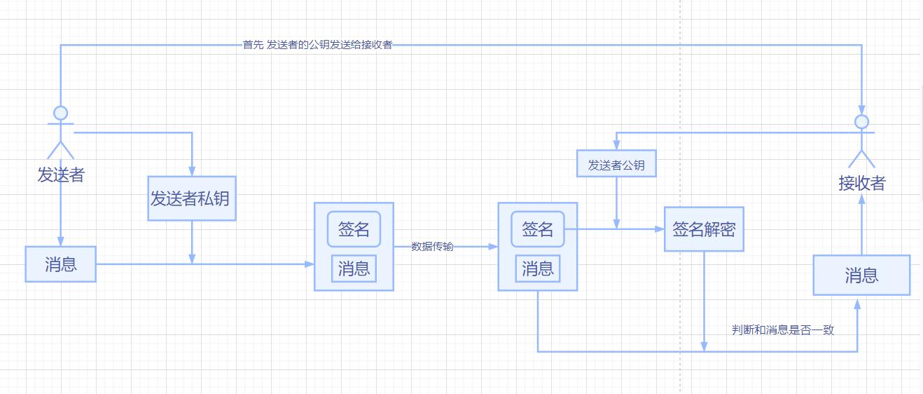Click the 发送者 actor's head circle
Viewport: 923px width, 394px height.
point(61,113)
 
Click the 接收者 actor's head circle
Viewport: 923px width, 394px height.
point(862,121)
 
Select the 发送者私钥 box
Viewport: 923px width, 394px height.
point(191,198)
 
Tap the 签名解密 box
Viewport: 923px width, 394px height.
point(704,229)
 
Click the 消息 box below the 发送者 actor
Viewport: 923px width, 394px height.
point(60,264)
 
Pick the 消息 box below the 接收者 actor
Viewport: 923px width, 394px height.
point(861,276)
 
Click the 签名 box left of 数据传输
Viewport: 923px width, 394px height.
point(354,229)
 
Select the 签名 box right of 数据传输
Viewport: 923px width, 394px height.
point(538,229)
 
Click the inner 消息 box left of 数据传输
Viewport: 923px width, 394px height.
point(354,269)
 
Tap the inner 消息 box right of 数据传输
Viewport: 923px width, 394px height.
point(538,269)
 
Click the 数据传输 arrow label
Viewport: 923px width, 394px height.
point(432,246)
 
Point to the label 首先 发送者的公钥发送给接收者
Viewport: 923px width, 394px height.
point(317,45)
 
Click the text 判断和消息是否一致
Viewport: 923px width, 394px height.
point(783,330)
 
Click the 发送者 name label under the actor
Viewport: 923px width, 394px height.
point(61,175)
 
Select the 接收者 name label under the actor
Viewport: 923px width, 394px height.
point(862,184)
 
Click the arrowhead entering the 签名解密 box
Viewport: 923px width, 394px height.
point(660,229)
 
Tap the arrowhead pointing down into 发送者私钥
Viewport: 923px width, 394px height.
point(192,171)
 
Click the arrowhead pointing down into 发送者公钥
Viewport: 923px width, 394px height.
point(616,145)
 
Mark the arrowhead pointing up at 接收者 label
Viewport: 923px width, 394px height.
point(862,198)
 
